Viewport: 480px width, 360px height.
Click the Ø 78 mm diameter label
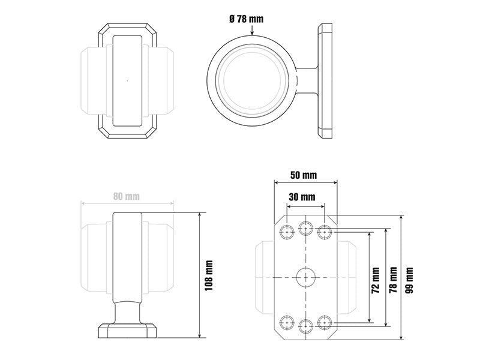click(246, 19)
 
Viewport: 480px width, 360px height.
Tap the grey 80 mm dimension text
click(127, 196)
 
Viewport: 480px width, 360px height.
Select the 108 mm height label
click(209, 275)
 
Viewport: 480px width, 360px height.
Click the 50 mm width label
click(304, 175)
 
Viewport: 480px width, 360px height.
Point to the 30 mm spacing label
click(302, 197)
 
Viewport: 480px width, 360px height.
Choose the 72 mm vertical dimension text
click(376, 280)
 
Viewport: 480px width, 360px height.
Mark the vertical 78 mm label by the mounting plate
click(393, 280)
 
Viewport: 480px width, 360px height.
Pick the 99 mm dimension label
click(409, 280)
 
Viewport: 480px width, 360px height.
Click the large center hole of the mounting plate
click(306, 277)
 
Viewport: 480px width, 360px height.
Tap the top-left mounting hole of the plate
click(287, 232)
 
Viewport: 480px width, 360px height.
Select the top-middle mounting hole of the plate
click(306, 228)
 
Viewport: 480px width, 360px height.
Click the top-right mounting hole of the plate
click(325, 232)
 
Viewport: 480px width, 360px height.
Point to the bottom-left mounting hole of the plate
click(287, 322)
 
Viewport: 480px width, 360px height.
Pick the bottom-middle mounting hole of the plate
click(306, 326)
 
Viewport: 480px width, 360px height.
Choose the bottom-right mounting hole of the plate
click(325, 322)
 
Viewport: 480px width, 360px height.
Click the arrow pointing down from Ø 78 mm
click(252, 30)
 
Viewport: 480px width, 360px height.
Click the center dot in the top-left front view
click(127, 80)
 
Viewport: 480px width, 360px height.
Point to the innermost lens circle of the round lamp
click(252, 80)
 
